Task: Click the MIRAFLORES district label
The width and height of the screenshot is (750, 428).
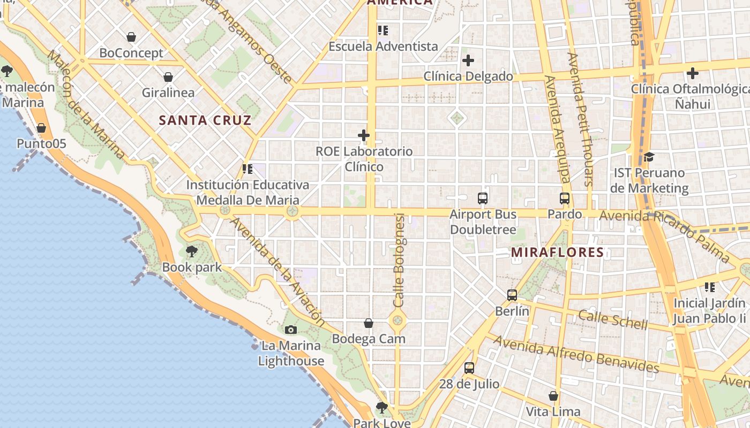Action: coord(557,252)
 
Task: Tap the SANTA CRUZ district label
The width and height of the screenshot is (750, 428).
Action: coord(205,120)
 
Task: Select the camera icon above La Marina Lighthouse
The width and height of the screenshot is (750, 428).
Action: coord(291,330)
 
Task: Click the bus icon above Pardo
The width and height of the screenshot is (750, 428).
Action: coord(565,198)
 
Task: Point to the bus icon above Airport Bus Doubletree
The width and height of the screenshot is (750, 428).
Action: coord(483,198)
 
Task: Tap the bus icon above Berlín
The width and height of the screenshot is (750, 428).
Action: coord(512,295)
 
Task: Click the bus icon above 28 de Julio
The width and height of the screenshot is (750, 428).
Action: coord(469,368)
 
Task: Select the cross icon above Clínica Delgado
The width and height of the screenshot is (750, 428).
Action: coord(468,60)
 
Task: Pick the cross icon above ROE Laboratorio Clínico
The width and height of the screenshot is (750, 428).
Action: coord(364,135)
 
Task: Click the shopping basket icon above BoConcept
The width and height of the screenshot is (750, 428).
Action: coord(131,37)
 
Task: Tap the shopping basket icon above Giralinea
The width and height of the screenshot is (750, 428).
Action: coord(168,77)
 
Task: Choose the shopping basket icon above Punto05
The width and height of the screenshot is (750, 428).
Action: coord(41,128)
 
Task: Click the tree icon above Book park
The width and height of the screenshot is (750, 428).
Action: coord(191,251)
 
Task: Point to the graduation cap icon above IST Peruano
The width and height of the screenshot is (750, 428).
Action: coord(649,157)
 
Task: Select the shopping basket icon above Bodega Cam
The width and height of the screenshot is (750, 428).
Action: coord(369,323)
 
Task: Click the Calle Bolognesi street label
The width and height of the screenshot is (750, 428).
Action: coord(399,260)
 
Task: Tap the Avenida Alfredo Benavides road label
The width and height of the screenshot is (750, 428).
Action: coord(576,354)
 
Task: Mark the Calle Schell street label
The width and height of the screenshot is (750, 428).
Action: coord(613,319)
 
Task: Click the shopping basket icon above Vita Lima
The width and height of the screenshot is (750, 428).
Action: coord(553,396)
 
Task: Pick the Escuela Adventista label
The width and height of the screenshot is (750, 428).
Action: coord(383,47)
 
